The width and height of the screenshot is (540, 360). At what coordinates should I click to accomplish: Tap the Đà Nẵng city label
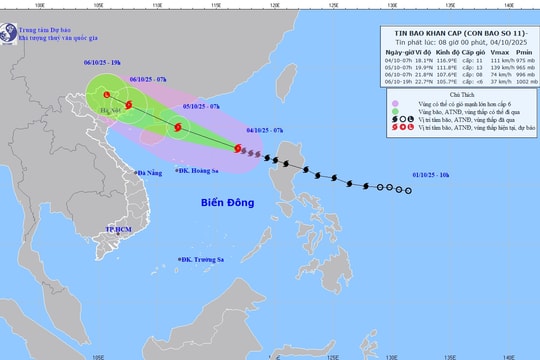156,172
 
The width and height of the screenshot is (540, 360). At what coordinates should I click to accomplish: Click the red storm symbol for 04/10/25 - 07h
238,149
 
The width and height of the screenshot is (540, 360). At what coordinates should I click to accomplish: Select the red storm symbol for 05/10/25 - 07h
179,127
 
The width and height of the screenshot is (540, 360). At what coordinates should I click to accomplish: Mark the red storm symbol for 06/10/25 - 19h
105,95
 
